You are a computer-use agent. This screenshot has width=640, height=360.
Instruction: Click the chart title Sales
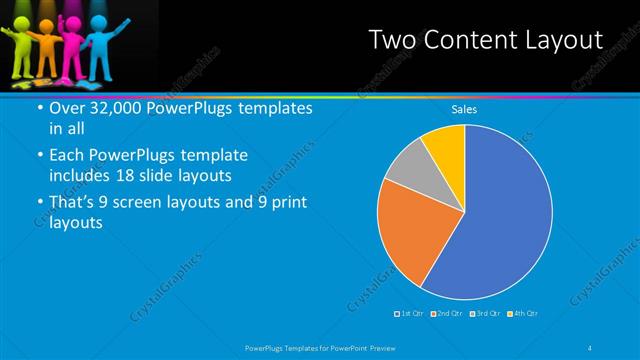[x=464, y=110]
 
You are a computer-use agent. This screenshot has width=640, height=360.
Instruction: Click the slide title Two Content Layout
[x=486, y=40]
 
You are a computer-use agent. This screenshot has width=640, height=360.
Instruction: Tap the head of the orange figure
[x=42, y=30]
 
